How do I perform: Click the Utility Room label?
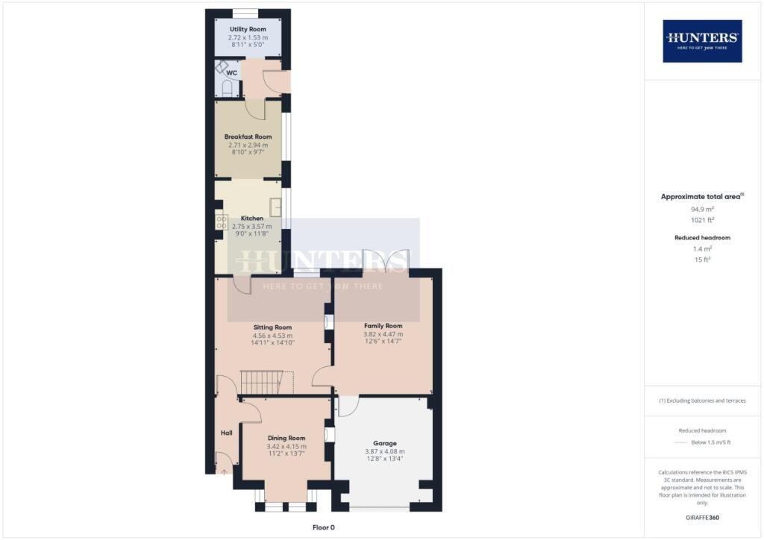click(x=248, y=29)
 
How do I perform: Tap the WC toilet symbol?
click(x=228, y=88)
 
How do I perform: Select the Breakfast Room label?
click(x=248, y=136)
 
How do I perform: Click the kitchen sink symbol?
click(x=275, y=206)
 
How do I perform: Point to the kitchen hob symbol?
click(x=222, y=222)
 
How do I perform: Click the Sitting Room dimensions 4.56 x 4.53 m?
click(x=272, y=336)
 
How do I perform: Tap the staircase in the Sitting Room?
click(x=260, y=383)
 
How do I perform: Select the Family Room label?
click(x=383, y=326)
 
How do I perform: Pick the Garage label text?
click(x=384, y=443)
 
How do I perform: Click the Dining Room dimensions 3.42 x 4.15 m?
click(x=286, y=447)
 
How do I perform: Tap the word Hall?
click(x=226, y=433)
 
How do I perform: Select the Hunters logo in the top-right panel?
click(x=702, y=40)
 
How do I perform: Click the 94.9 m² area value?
click(x=702, y=209)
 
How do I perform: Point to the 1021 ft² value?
click(x=702, y=220)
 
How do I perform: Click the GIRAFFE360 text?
click(x=702, y=517)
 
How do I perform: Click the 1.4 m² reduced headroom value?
click(x=702, y=248)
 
